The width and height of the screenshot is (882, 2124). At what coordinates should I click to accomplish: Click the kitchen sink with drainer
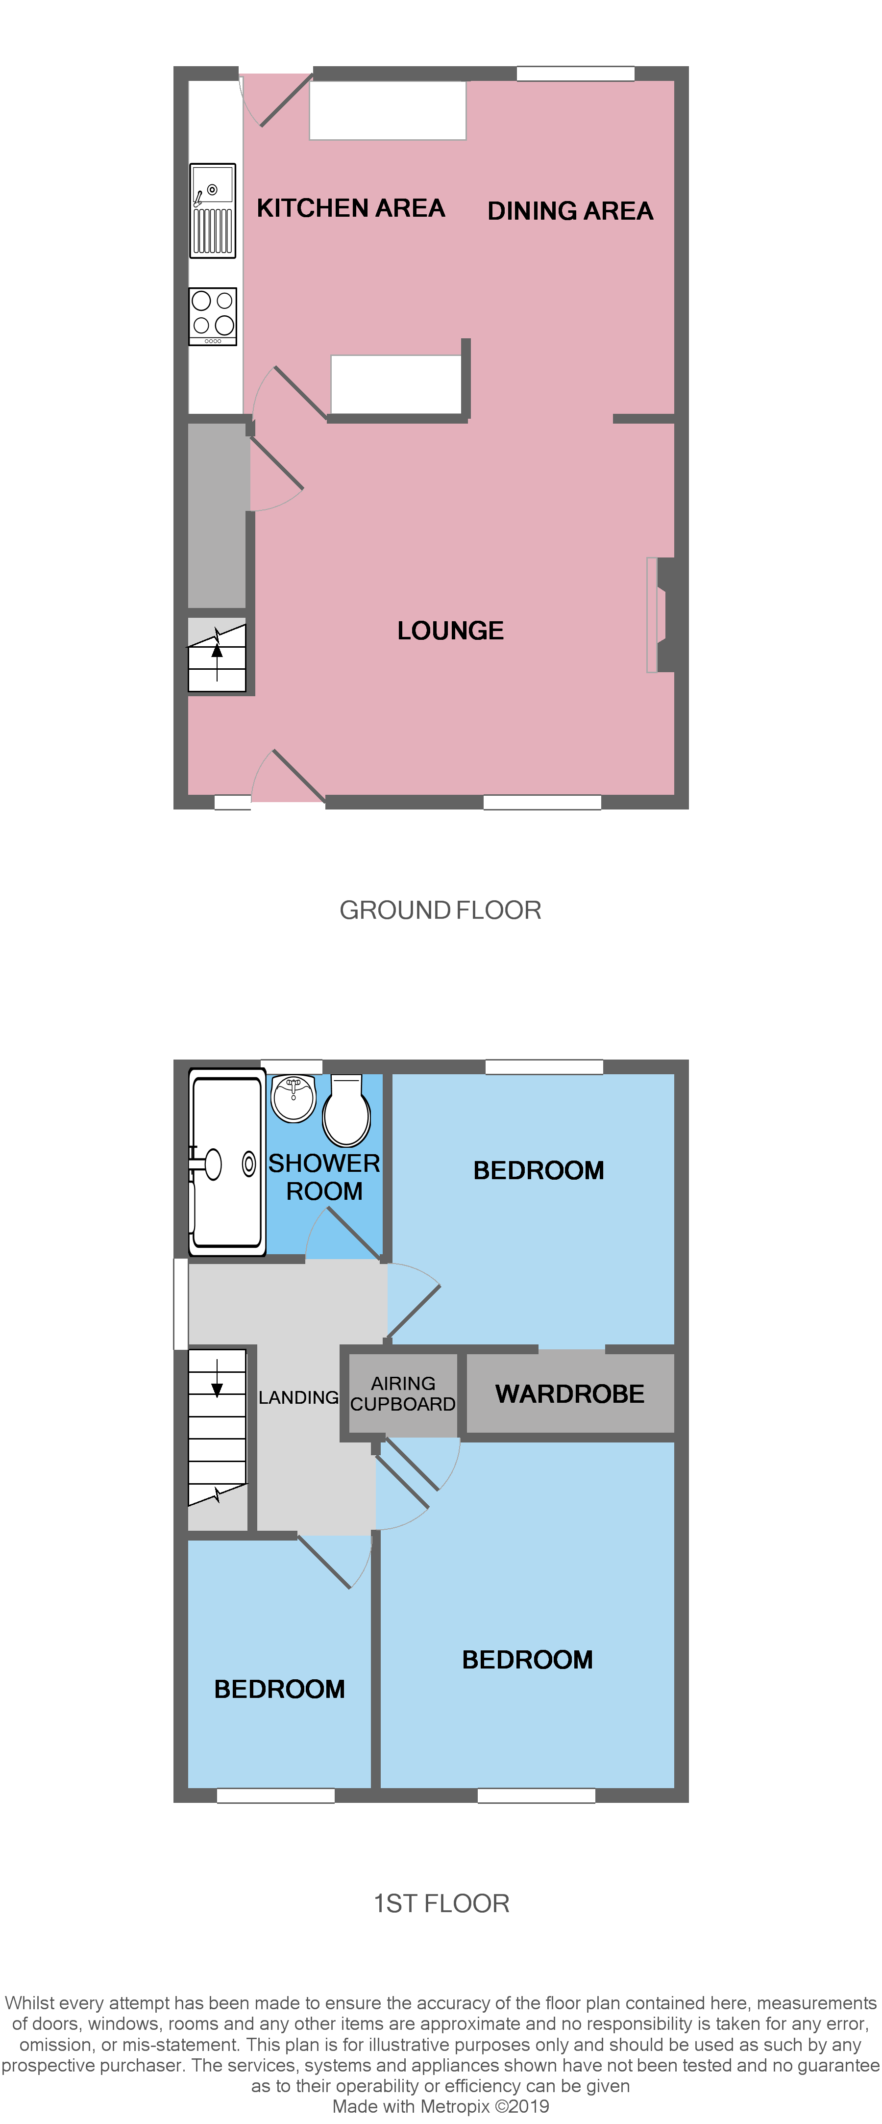coord(213,211)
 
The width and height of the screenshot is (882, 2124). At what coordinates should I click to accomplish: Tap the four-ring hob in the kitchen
coord(213,316)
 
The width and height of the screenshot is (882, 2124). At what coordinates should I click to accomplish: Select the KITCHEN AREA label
coord(350,208)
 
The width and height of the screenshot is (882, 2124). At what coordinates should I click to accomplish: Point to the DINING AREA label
coord(569,211)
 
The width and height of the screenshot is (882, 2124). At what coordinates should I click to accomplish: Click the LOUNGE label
coord(450,631)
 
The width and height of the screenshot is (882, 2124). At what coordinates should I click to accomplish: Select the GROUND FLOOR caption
coord(440,910)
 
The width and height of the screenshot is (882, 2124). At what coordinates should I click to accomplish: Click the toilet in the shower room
coord(346,1111)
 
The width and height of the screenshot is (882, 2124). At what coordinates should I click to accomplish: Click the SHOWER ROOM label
coord(324,1177)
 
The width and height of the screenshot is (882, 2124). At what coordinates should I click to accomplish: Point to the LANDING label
coord(298,1397)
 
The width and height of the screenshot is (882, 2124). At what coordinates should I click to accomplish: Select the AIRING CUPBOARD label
coord(402,1393)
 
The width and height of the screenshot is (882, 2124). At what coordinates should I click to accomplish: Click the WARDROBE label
coord(569,1394)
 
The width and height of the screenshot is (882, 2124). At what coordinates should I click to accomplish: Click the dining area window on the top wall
coord(575,74)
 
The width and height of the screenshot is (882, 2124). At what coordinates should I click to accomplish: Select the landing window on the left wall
coord(180,1304)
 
